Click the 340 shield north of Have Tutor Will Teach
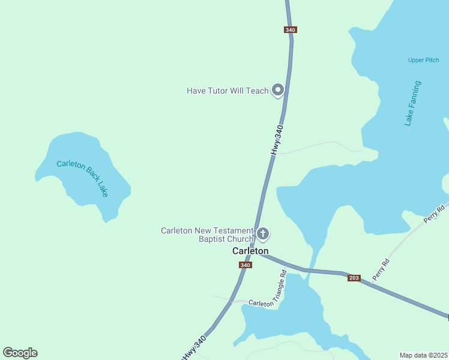[x=291, y=29]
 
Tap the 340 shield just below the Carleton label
[x=245, y=265]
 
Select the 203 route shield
[x=354, y=278]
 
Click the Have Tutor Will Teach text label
[x=228, y=91]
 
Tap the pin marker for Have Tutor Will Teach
[x=277, y=90]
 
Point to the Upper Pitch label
[x=423, y=60]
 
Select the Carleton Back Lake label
[x=83, y=178]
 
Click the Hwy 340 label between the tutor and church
[x=277, y=140]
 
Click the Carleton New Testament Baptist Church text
[x=207, y=235]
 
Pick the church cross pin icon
[x=262, y=233]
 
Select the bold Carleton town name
[x=250, y=251]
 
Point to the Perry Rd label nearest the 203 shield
[x=381, y=269]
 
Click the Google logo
[x=20, y=353]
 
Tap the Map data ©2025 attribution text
[x=423, y=355]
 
